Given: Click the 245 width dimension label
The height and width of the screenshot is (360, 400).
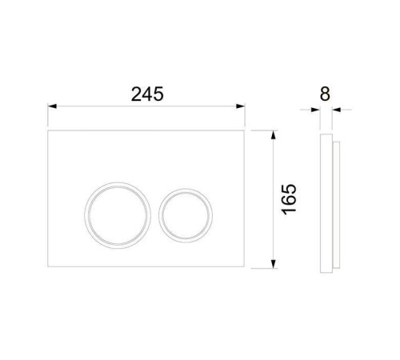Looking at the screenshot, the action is click(147, 94).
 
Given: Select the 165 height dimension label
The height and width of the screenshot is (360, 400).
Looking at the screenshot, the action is click(289, 199).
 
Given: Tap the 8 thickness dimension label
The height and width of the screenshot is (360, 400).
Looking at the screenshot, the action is click(325, 94).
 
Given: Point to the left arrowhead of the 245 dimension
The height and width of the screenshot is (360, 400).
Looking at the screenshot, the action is click(52, 106).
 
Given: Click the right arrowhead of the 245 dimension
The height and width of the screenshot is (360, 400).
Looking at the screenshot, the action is click(241, 106).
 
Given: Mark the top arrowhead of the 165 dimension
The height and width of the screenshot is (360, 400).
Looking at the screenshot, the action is click(273, 135).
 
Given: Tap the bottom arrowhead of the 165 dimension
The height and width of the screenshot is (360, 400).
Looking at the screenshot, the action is click(273, 264).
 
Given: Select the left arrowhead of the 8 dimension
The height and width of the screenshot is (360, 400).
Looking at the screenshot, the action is click(316, 110).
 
